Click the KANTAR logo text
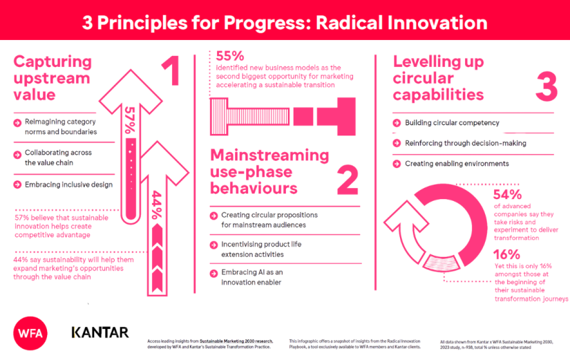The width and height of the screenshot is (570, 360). point(100,332)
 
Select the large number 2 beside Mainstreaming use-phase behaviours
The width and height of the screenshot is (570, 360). point(348,181)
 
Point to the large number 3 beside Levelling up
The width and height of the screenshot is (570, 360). point(546,88)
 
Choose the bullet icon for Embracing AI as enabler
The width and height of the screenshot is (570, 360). point(215,272)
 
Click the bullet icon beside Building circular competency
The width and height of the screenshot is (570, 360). point(397,123)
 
